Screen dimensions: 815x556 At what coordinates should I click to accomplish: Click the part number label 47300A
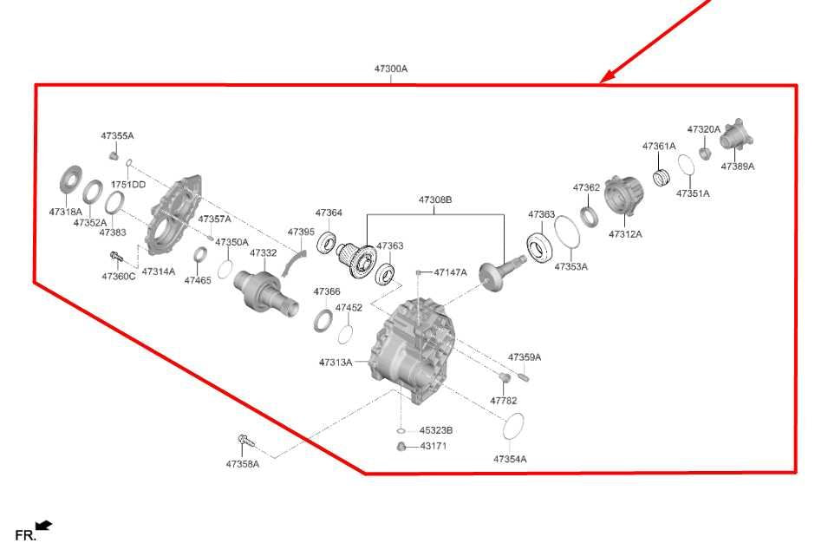point(391,69)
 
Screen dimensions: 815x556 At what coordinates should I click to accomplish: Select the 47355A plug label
point(117,136)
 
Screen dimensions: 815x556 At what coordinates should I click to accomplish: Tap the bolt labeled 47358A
point(246,442)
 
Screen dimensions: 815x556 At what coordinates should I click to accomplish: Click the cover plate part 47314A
point(173,215)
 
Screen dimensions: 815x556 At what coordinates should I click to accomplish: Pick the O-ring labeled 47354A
point(513,427)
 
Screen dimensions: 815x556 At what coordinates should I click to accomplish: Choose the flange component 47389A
point(736,134)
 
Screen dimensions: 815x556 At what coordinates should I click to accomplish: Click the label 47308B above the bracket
point(435,200)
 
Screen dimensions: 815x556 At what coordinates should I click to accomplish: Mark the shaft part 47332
point(265,292)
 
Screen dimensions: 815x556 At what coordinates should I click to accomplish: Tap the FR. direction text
point(25,535)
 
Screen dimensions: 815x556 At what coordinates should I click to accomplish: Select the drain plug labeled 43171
point(401,446)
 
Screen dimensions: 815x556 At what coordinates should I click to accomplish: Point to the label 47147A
point(450,272)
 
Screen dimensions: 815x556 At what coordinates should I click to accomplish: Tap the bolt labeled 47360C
point(115,257)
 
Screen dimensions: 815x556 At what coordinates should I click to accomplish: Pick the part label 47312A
point(625,234)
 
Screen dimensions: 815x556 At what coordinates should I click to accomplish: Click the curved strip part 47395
point(295,263)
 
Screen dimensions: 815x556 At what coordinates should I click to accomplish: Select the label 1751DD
point(128,185)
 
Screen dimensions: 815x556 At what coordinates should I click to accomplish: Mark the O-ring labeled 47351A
point(686,165)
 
